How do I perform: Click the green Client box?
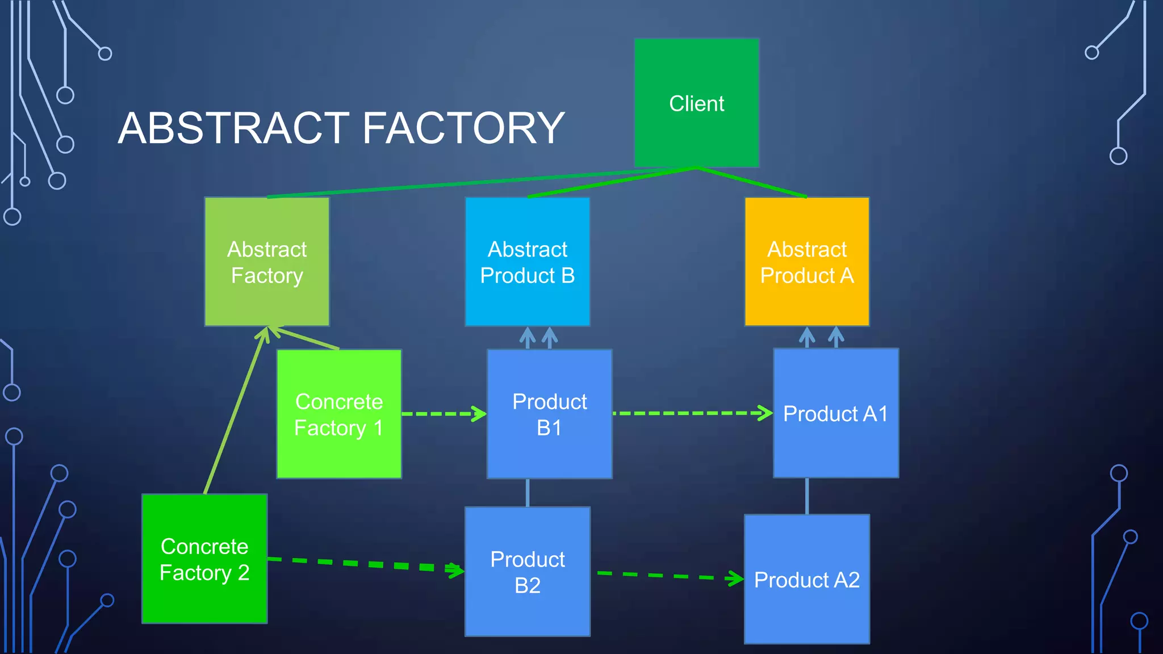click(697, 103)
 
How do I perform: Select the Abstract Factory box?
click(267, 262)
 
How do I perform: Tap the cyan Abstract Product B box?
click(528, 262)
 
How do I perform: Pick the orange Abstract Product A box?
click(807, 262)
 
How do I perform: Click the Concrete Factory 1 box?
click(339, 414)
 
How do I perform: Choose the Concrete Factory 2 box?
click(204, 559)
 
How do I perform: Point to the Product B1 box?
click(550, 414)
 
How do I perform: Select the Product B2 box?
click(528, 572)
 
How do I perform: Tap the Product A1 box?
click(836, 413)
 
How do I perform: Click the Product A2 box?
click(807, 579)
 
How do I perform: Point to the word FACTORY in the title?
click(463, 128)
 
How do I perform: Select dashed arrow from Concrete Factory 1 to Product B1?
click(443, 414)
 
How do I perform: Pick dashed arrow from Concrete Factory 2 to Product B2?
click(363, 564)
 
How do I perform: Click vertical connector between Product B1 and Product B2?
click(528, 492)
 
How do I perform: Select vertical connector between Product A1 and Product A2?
click(807, 496)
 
